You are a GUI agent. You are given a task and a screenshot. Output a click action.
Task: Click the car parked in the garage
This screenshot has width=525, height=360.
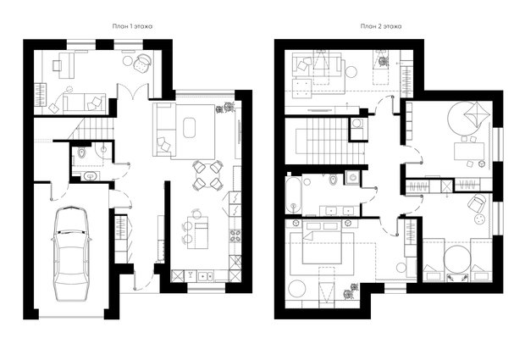71,253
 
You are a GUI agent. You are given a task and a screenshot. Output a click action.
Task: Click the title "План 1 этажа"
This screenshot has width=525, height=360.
132,26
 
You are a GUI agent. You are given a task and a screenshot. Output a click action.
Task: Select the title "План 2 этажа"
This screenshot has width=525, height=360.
381,26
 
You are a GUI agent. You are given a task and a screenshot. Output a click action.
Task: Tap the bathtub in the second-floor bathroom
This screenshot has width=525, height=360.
293,195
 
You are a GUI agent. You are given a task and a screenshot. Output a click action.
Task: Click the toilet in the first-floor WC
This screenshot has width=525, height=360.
81,153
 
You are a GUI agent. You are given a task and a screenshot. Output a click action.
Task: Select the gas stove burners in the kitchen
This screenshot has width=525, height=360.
235,235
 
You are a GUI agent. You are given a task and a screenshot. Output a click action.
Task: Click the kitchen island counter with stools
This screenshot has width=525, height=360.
197,232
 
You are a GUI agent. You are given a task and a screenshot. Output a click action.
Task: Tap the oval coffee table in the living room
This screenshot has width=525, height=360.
190,127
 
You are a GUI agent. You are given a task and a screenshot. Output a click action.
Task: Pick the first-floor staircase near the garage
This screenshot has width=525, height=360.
91,128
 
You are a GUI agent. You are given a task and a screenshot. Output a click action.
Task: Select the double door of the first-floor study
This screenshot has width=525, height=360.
133,91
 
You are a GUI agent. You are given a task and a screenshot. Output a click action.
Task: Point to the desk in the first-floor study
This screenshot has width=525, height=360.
66,65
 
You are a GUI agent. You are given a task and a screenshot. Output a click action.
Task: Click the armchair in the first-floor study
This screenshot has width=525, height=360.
142,63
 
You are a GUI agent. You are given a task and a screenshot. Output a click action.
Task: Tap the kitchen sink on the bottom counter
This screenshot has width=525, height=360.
204,276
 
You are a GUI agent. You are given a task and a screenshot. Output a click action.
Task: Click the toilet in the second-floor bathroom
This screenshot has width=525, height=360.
333,180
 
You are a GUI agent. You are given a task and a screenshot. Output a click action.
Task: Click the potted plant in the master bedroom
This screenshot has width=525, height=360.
351,291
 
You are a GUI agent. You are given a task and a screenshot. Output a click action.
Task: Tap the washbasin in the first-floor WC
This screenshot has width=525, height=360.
90,176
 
